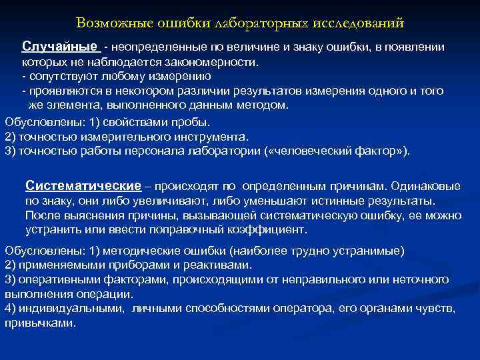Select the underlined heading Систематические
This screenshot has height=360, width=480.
tap(83, 185)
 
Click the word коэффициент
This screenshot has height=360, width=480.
tap(272, 229)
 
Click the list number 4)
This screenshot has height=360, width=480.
tap(11, 308)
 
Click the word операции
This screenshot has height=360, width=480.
tap(110, 293)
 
